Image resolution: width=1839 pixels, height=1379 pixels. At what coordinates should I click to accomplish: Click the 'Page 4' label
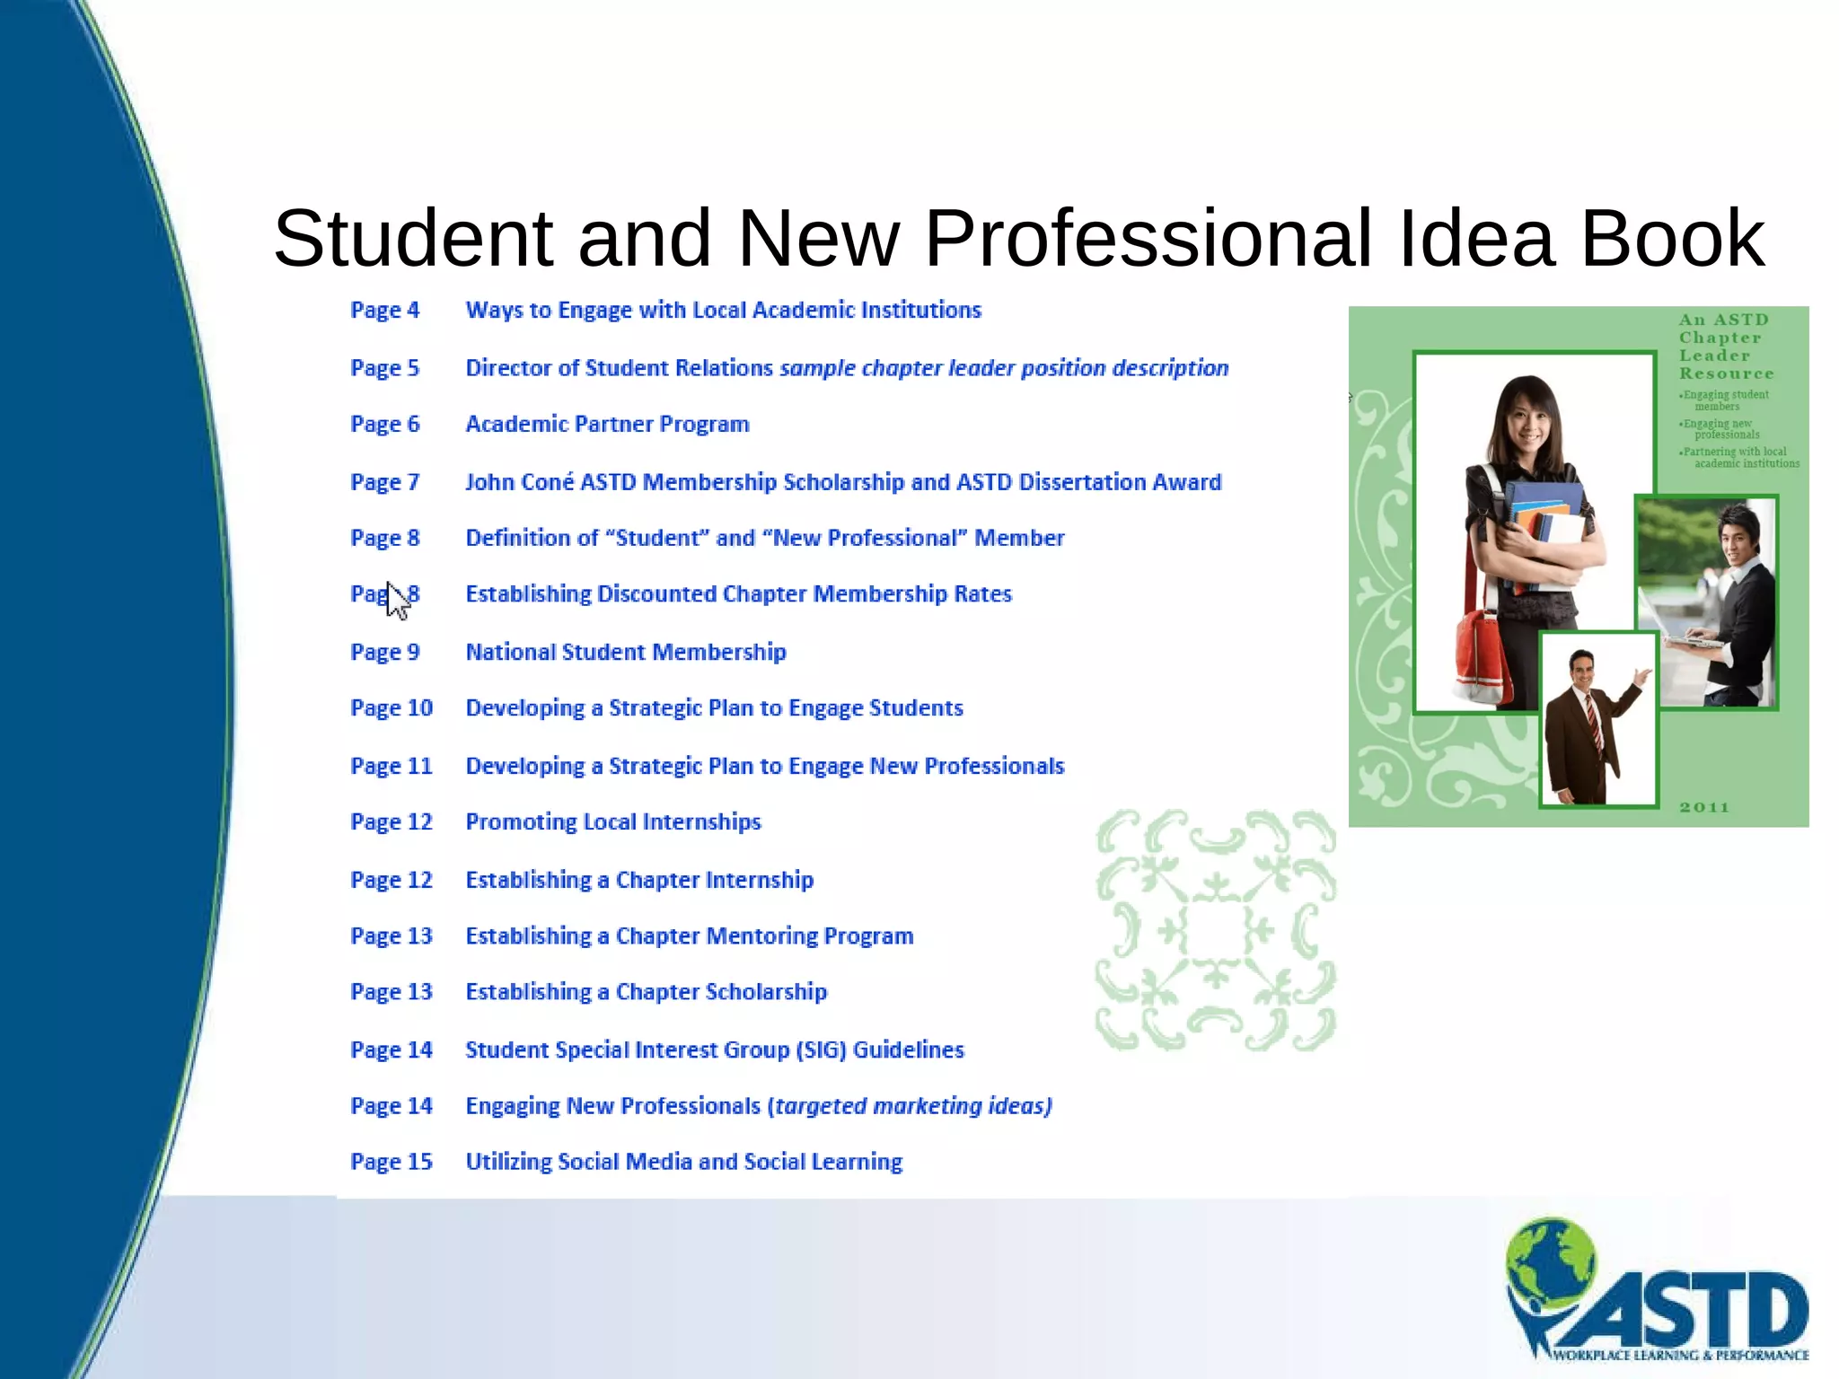coord(384,311)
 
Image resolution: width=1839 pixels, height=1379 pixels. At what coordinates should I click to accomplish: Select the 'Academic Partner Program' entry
coord(607,425)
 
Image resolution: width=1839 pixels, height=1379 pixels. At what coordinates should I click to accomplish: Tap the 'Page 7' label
coord(384,483)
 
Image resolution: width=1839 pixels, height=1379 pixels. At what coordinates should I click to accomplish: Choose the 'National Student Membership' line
coord(625,653)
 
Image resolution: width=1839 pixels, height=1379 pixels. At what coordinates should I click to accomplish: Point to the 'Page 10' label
coord(391,708)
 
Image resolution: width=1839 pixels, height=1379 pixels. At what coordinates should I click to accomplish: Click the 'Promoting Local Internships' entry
coord(612,822)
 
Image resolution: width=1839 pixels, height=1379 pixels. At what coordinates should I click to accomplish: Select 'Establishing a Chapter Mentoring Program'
coord(689,936)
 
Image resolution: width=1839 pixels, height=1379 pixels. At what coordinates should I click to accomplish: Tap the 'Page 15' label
coord(391,1162)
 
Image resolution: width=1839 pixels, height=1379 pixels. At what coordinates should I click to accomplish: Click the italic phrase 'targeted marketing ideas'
coord(909,1106)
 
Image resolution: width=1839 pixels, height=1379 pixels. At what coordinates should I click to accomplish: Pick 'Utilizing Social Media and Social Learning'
coord(683,1162)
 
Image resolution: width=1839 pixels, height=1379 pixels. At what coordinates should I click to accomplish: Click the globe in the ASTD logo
coord(1551,1257)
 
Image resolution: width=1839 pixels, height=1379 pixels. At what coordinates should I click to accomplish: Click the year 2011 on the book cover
coord(1703,807)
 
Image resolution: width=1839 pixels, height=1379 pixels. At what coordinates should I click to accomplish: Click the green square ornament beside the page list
coord(1215,930)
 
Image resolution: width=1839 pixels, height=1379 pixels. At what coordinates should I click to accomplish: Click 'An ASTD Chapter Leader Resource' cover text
coord(1725,347)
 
